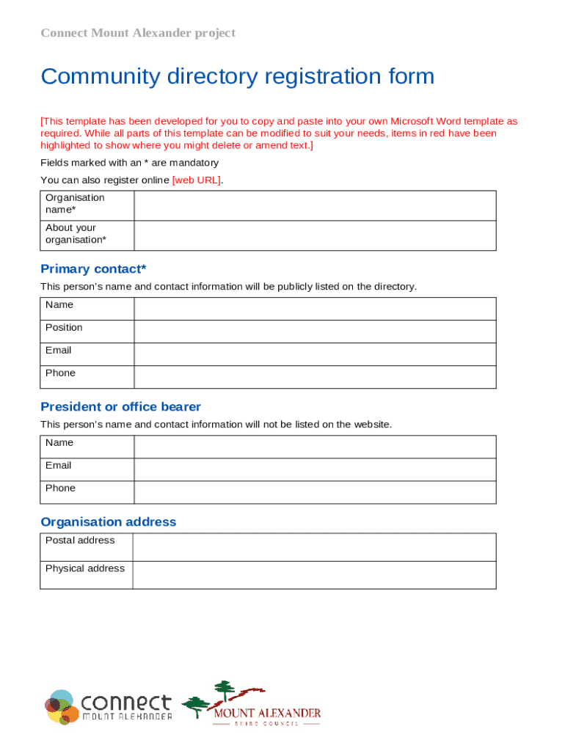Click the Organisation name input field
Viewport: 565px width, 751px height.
pos(314,205)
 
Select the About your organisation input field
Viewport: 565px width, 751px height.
pos(314,235)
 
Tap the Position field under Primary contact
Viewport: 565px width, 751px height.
pos(314,331)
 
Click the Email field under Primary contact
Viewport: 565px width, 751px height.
pos(314,354)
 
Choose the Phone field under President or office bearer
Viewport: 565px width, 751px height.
pos(314,492)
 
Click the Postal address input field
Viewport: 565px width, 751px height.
pos(314,547)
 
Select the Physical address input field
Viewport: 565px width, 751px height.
pos(314,575)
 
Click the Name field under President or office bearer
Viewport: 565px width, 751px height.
pos(314,447)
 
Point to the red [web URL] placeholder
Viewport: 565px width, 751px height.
pos(196,180)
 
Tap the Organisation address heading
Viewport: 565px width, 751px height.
pos(108,522)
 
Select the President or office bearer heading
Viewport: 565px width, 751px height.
pos(120,407)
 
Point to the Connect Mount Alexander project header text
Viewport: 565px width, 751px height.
pos(138,33)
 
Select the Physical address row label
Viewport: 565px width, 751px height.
pos(85,568)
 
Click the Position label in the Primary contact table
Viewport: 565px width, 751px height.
pos(64,328)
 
